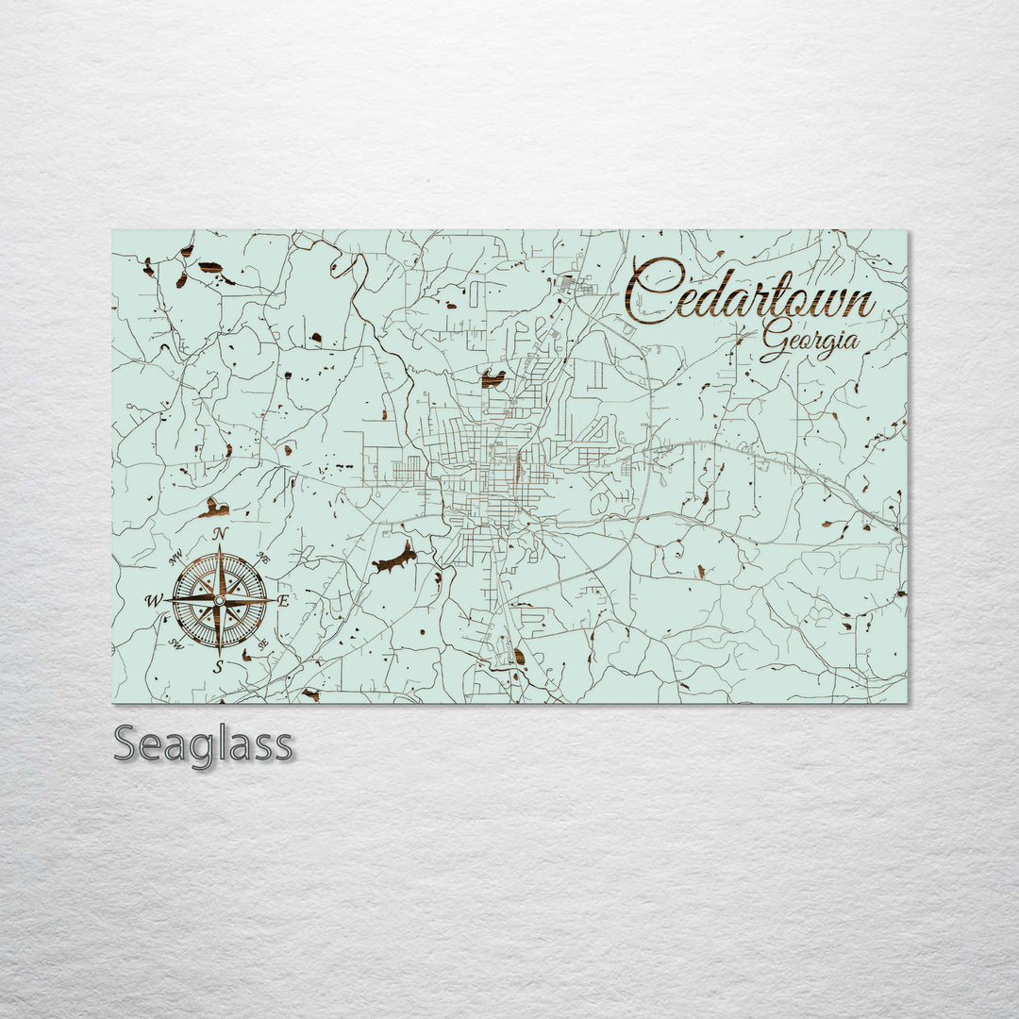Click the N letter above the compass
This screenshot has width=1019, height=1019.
[220, 535]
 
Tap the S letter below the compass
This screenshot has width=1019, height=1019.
[218, 667]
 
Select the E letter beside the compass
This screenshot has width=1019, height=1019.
[283, 599]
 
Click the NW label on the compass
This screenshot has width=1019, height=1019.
[175, 558]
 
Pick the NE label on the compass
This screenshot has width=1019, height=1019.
[264, 560]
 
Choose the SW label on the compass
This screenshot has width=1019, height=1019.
[175, 643]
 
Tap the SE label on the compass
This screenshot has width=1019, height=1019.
[263, 643]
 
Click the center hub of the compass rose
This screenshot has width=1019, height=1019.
[219, 600]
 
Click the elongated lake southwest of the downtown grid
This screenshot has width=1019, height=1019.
[395, 560]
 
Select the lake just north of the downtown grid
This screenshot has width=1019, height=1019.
[493, 379]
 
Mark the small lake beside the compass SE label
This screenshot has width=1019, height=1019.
[247, 654]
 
